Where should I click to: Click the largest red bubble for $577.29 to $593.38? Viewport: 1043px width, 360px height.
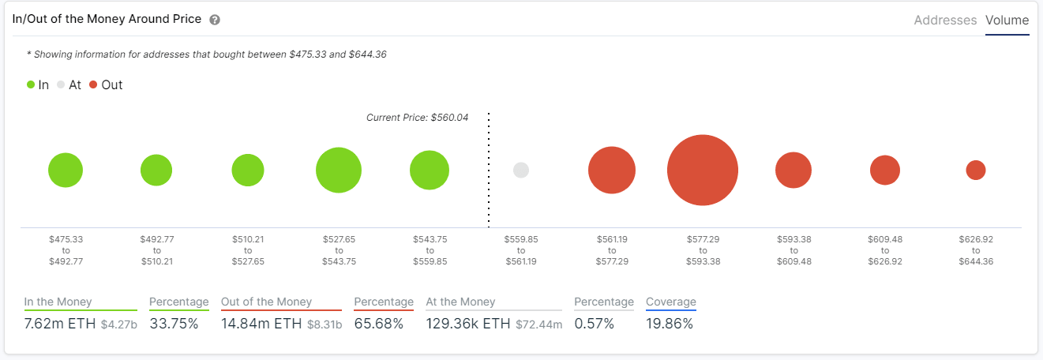[702, 170]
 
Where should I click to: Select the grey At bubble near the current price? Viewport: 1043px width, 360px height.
[520, 170]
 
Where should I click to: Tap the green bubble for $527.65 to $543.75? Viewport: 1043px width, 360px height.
[339, 170]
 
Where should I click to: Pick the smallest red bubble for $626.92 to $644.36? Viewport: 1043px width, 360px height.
[976, 170]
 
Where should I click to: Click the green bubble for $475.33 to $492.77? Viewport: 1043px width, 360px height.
[66, 170]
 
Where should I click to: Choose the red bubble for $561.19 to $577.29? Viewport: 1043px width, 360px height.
[612, 170]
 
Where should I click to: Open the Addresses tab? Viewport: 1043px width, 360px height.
[945, 21]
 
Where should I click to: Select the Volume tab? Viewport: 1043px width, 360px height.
[1007, 21]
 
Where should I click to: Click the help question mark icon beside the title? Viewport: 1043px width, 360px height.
[215, 20]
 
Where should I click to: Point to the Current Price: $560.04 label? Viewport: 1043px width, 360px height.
[417, 118]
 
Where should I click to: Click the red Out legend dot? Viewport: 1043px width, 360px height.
[93, 84]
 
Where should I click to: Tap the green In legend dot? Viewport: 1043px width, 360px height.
[31, 84]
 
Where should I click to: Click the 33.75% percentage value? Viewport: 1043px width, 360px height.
[174, 324]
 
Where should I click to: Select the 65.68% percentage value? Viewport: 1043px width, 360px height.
[378, 324]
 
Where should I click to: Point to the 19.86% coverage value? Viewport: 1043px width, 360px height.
[669, 324]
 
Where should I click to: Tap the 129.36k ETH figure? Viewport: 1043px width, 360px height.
[468, 324]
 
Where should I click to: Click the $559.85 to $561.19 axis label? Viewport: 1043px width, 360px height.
[520, 249]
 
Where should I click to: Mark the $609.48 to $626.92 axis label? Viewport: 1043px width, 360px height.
[885, 249]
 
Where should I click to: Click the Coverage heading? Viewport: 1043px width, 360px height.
[670, 302]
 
